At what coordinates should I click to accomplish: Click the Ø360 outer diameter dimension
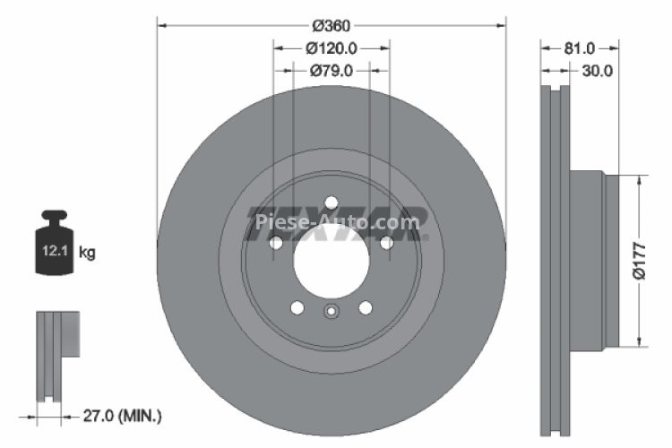pyautogui.click(x=332, y=26)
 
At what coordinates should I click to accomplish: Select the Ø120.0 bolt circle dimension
pyautogui.click(x=332, y=48)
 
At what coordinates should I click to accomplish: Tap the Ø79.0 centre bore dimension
pyautogui.click(x=332, y=71)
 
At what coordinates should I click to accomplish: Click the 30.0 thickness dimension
pyautogui.click(x=596, y=72)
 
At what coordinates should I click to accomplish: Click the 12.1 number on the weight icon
pyautogui.click(x=48, y=253)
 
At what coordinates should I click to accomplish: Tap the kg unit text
pyautogui.click(x=87, y=253)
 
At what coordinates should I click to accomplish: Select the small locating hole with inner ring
pyautogui.click(x=332, y=312)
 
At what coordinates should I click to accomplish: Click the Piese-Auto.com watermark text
pyautogui.click(x=337, y=220)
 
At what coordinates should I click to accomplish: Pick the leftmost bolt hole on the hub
pyautogui.click(x=276, y=243)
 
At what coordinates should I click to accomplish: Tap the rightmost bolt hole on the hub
pyautogui.click(x=387, y=243)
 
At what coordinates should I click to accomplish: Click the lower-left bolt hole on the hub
pyautogui.click(x=297, y=307)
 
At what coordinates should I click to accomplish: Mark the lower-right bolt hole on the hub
pyautogui.click(x=366, y=307)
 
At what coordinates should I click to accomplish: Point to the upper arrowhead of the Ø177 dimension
pyautogui.click(x=638, y=180)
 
